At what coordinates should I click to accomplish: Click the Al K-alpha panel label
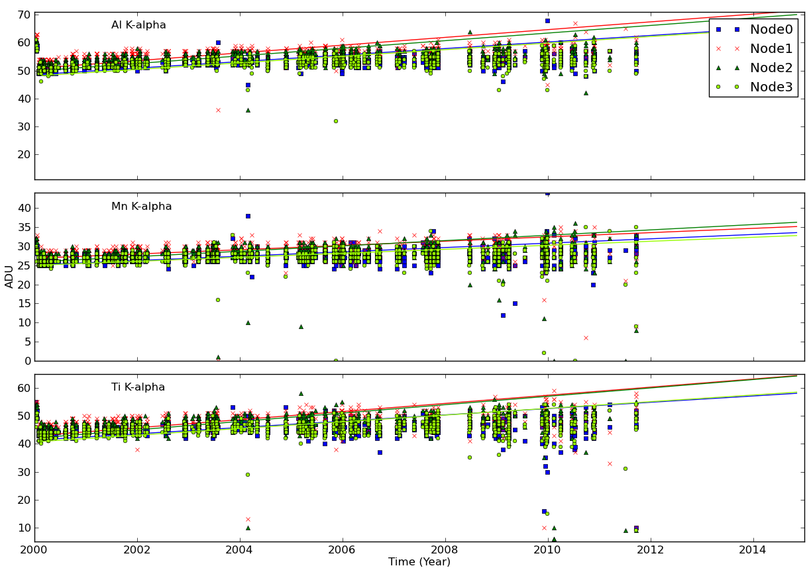(138, 25)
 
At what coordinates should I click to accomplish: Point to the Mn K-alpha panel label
(141, 207)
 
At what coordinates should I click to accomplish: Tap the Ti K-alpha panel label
(138, 387)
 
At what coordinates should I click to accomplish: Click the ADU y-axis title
(9, 277)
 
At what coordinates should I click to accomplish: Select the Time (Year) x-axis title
(419, 562)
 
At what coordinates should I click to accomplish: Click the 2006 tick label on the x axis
(342, 550)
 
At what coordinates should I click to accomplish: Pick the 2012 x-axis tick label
(650, 550)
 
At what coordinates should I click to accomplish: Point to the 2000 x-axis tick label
(34, 550)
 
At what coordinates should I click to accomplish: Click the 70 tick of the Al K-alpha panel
(23, 15)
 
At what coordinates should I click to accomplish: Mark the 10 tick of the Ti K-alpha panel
(23, 528)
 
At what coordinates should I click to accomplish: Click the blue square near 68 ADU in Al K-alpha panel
(547, 21)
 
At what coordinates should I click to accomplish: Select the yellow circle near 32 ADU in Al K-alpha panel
(335, 120)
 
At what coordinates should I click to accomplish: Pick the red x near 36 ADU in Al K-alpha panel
(218, 110)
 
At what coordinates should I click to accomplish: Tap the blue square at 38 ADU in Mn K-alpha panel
(248, 216)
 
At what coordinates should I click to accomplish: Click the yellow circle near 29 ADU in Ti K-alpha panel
(247, 474)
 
